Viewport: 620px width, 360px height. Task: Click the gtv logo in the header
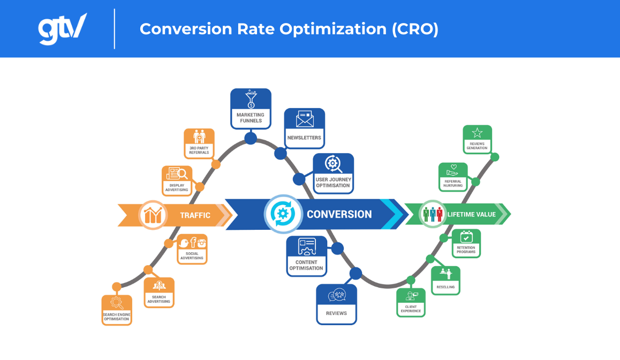point(62,28)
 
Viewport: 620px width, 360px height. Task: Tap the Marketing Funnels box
point(251,109)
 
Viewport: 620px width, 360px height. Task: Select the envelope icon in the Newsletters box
point(304,118)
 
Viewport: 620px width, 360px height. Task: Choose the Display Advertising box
point(177,181)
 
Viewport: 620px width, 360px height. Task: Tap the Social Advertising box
point(192,249)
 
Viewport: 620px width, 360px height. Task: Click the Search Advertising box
point(159,292)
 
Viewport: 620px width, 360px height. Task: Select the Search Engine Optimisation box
point(117,310)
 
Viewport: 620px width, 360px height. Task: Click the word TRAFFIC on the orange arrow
point(195,215)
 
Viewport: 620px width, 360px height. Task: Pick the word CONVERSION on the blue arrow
point(339,214)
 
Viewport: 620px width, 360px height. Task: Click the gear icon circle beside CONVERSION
point(281,214)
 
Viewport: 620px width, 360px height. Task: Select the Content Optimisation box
point(306,256)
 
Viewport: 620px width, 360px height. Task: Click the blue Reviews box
point(336,304)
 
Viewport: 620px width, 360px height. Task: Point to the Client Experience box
point(411,302)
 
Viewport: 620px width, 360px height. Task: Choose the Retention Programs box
point(466,243)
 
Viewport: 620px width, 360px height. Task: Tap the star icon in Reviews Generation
point(477,133)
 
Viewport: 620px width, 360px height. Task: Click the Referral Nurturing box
point(453,177)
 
